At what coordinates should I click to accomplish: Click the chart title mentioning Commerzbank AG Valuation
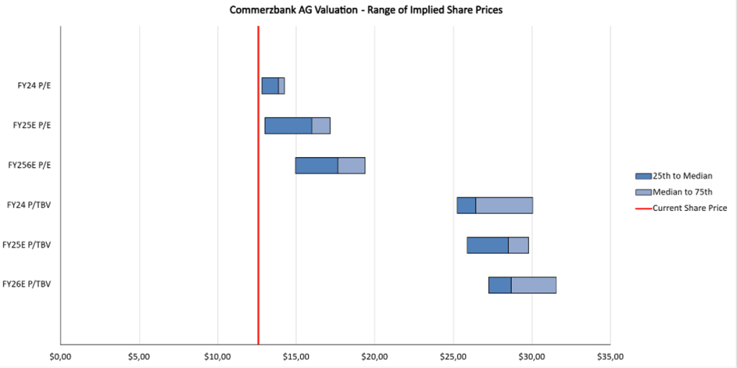coord(367,10)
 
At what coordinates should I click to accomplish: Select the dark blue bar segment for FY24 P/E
coord(270,86)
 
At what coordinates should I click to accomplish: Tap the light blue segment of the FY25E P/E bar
coord(321,125)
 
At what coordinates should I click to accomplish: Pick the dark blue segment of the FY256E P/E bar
coord(317,165)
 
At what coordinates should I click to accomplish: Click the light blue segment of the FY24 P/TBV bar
coord(504,205)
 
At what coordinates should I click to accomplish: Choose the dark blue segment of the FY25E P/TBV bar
coord(487,245)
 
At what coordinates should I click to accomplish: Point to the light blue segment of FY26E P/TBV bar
coord(533,284)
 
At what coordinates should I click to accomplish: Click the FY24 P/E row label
coord(35,86)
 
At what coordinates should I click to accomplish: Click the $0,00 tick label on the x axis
coord(60,356)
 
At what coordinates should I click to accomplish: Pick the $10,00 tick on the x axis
coord(217,356)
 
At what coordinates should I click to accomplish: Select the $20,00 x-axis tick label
coord(374,356)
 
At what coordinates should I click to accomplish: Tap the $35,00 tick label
coord(610,356)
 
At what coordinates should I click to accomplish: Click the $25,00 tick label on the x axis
coord(453,356)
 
